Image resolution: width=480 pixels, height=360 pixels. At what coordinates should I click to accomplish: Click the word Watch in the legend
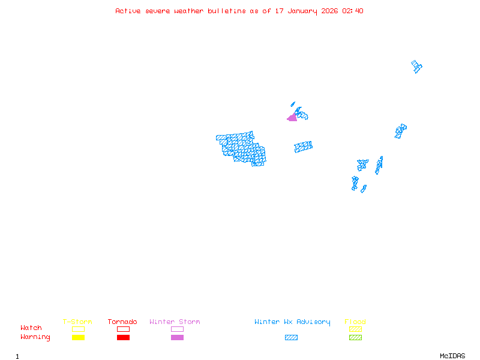point(31,328)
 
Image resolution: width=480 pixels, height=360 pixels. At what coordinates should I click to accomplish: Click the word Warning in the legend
point(35,337)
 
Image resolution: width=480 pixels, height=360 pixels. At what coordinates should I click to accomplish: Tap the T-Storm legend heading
point(77,322)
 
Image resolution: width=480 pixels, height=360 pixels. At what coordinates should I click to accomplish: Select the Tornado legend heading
point(122,322)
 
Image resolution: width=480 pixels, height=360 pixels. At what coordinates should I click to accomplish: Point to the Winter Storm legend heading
point(175,322)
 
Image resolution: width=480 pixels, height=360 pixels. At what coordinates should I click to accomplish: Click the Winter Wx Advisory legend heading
point(292,322)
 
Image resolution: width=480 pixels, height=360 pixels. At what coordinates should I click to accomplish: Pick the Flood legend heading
point(355,322)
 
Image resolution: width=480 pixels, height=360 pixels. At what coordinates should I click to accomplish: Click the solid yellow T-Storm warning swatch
point(78,337)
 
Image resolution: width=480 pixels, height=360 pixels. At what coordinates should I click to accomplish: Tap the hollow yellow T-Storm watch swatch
point(78,329)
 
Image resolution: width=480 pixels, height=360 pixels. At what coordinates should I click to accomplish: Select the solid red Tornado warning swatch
point(123,337)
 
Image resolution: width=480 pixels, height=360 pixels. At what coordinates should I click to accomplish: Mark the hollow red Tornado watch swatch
point(123,329)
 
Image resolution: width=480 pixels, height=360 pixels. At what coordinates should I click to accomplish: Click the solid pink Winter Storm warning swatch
point(177,337)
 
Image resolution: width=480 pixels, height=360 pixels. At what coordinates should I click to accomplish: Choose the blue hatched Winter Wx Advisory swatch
point(291,337)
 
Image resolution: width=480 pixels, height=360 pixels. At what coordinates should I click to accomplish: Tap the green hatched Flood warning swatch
point(355,337)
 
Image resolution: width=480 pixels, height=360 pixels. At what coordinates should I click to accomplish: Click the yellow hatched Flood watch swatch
point(355,329)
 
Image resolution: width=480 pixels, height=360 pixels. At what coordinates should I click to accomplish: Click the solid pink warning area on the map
point(292,118)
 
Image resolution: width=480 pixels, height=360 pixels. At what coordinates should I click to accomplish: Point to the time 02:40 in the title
point(353,11)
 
